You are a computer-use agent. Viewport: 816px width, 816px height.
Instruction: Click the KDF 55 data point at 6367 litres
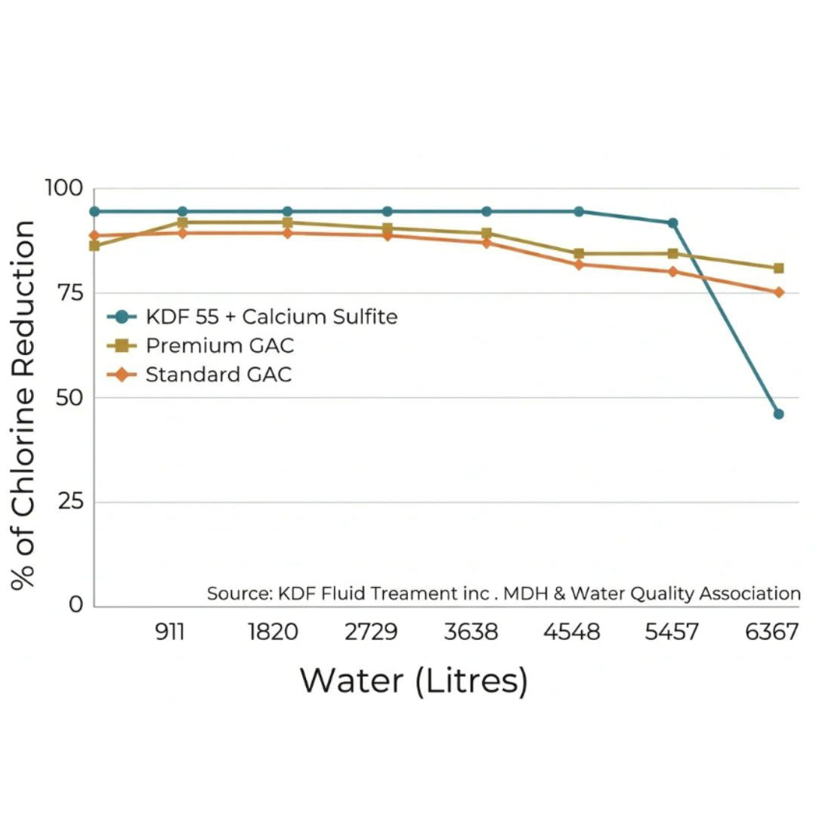pos(778,414)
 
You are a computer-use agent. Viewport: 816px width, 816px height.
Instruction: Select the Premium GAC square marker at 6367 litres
pos(778,268)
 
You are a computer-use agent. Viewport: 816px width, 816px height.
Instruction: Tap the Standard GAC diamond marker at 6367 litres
pos(778,292)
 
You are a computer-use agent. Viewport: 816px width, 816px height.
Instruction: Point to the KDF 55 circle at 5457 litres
pos(672,223)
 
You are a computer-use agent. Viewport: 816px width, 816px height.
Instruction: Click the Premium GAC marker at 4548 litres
pos(579,254)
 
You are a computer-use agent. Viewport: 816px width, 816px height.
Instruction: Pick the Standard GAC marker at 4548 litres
pos(579,264)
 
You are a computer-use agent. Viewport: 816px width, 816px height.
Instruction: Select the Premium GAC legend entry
pos(219,346)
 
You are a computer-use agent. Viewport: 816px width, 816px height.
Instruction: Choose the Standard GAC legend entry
pos(218,374)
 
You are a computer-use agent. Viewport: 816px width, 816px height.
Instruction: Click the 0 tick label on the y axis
pos(77,604)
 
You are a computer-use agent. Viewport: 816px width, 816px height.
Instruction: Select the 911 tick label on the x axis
pos(170,632)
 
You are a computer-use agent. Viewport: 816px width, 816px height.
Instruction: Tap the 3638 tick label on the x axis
pos(471,632)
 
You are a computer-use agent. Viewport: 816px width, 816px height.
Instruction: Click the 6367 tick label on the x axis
pos(771,632)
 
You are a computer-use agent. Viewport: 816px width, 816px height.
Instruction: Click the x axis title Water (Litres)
pos(413,680)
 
